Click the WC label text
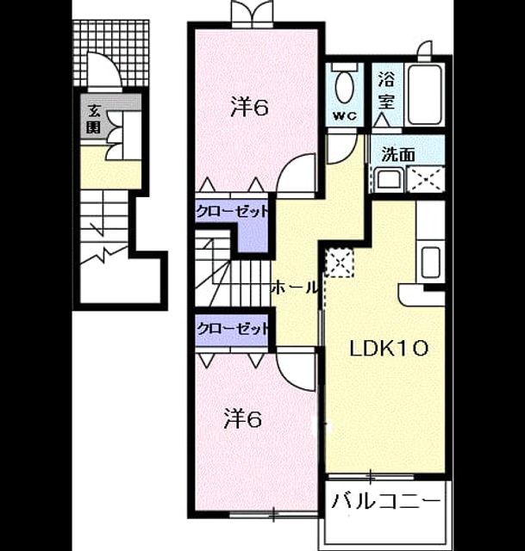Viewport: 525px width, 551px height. pos(345,116)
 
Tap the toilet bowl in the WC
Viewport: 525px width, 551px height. pos(345,88)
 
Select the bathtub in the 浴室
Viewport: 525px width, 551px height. pos(425,94)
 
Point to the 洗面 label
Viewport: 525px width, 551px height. pos(399,154)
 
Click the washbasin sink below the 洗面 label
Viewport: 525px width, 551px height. pos(388,179)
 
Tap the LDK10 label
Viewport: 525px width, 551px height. pos(389,349)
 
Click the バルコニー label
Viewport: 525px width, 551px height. pos(386,501)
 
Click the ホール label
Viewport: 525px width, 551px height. pos(295,288)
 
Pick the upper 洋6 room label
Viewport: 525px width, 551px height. pos(249,107)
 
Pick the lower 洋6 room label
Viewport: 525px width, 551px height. pos(243,419)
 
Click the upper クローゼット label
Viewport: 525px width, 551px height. pos(232,212)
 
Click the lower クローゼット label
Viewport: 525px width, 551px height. pos(232,329)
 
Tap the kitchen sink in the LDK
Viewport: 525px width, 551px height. pos(431,262)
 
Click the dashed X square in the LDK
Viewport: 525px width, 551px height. pos(340,263)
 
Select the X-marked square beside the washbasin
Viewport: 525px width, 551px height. pos(426,180)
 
